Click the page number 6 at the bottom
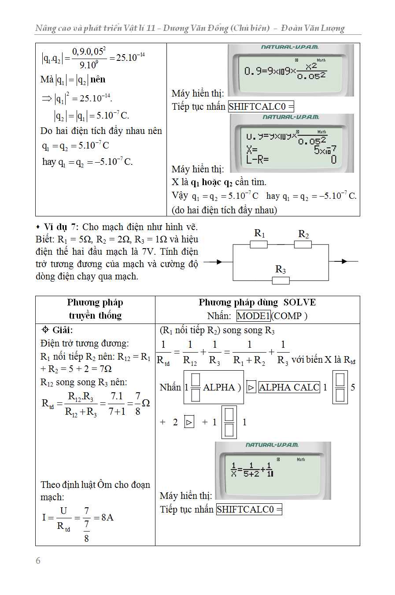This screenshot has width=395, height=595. point(38,560)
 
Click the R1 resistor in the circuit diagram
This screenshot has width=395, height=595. point(258,244)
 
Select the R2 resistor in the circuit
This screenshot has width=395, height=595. point(303,244)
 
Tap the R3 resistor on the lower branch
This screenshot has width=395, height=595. point(281,280)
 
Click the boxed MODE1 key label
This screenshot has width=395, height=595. point(253,316)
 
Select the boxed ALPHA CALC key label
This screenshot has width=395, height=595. point(289,387)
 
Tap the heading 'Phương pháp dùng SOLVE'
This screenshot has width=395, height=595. point(257,302)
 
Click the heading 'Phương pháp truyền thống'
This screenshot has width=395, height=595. point(95,309)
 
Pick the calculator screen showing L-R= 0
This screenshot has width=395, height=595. point(292,144)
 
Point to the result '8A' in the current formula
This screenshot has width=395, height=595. point(107,517)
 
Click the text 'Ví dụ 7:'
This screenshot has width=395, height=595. point(61,227)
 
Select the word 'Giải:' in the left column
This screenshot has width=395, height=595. point(62,330)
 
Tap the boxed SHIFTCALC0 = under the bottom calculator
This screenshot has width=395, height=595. point(249,509)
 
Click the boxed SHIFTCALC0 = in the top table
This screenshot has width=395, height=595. point(261,107)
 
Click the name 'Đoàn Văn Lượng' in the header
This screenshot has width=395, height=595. point(313,28)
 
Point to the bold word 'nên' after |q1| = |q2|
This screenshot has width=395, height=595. point(98,79)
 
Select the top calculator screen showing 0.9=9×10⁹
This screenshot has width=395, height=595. point(291,70)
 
